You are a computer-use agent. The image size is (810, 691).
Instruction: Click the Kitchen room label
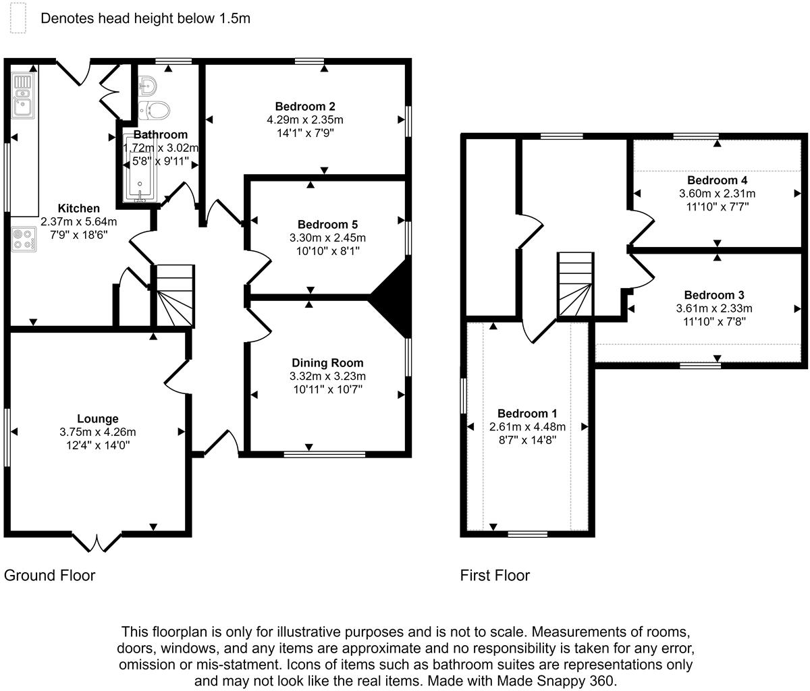click(x=78, y=209)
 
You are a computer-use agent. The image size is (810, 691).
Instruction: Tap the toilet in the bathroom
click(x=157, y=109)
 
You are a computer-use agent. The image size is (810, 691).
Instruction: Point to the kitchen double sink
click(x=23, y=96)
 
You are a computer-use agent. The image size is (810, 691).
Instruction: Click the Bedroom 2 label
click(x=305, y=106)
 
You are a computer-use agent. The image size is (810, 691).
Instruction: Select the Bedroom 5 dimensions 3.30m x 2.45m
click(x=327, y=238)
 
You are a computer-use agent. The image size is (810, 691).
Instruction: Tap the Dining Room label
click(x=327, y=363)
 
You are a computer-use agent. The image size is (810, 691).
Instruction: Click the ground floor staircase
click(x=173, y=296)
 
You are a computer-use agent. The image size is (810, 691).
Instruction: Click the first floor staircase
click(x=575, y=284)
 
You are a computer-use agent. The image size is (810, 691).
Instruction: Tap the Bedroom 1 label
click(x=527, y=413)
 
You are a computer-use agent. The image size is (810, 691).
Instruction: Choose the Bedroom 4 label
click(x=717, y=180)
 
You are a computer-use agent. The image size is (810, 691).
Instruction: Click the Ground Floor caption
click(x=49, y=576)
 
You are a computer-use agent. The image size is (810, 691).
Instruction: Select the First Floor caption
click(x=495, y=576)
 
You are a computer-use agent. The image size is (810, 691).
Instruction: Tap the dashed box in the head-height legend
click(x=17, y=18)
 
